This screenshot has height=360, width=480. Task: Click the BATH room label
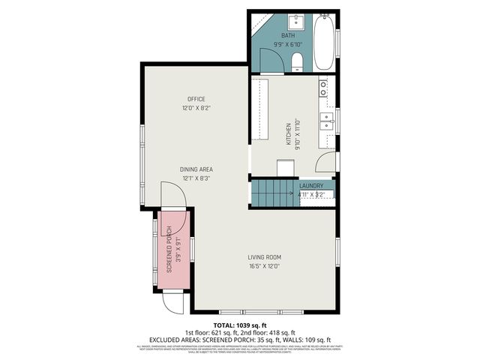[288, 36]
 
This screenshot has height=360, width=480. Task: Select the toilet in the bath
[297, 60]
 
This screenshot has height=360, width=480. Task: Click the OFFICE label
[196, 99]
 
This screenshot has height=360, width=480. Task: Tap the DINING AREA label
[196, 169]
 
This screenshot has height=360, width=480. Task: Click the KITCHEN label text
[286, 135]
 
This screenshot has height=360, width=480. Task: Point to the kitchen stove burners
[323, 88]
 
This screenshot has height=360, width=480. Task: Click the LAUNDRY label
[311, 186]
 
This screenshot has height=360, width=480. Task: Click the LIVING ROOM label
[265, 257]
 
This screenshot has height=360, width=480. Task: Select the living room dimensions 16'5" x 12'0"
[265, 265]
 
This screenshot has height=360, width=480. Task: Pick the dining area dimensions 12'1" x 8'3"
[196, 178]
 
